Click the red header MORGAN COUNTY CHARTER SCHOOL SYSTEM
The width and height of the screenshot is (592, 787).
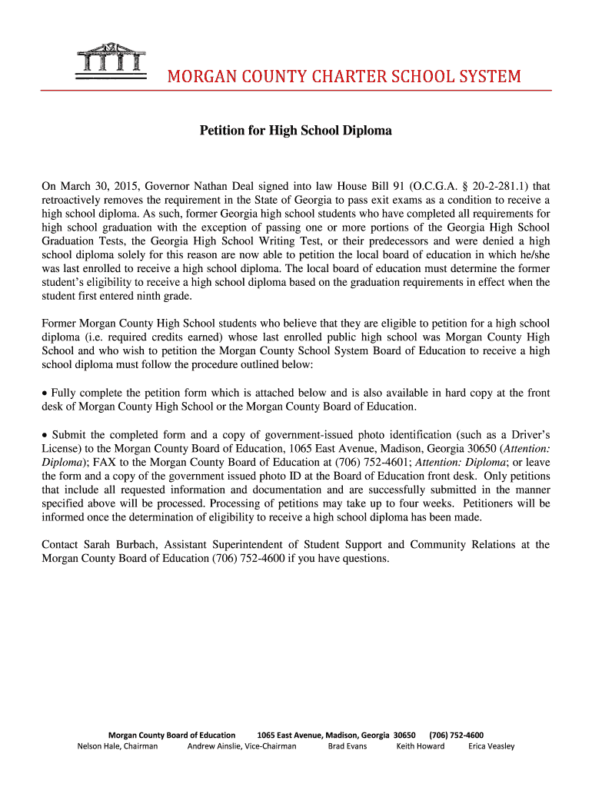tap(344, 77)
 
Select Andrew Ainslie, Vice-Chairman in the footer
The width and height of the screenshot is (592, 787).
tap(241, 746)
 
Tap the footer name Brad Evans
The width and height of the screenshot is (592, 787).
tap(348, 746)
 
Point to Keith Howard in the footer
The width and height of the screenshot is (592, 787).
tap(420, 746)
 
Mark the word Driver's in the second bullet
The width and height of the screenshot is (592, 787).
tap(527, 435)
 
